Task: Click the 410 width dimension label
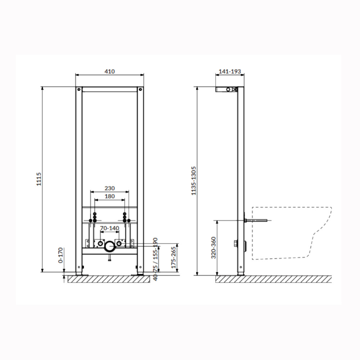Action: (109, 71)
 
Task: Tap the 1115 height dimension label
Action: (39, 179)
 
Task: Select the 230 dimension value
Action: (109, 188)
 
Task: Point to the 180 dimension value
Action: (109, 196)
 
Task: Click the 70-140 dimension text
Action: (110, 228)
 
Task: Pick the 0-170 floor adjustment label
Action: (60, 255)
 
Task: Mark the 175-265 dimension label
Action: (174, 257)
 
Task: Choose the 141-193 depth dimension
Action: (230, 71)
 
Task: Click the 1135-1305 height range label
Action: (194, 181)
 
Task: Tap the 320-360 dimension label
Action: (214, 248)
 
